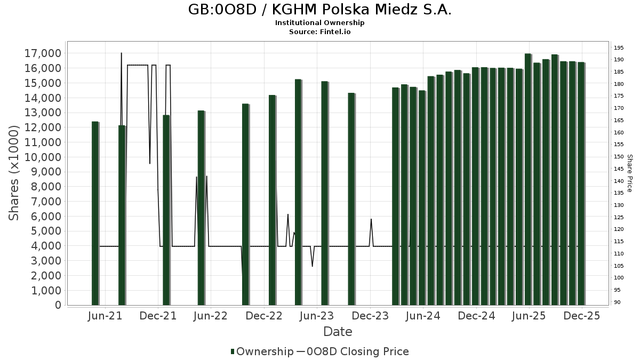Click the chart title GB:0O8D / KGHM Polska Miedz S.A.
tap(319, 10)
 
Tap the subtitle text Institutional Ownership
tap(319, 23)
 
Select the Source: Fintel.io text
tap(319, 31)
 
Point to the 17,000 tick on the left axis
tap(43, 53)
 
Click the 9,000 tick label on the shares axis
tap(46, 172)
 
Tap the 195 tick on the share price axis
tap(619, 48)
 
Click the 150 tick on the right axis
tap(619, 157)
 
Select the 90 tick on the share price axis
tap(617, 302)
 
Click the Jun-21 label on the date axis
tap(105, 316)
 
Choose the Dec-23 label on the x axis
tap(370, 316)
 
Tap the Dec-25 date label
tap(582, 316)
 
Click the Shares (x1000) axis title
tap(15, 172)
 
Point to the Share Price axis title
tap(629, 173)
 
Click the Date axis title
tap(338, 332)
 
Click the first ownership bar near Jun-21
tap(95, 213)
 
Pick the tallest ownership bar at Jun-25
tap(528, 179)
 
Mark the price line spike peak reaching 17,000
tap(122, 53)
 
